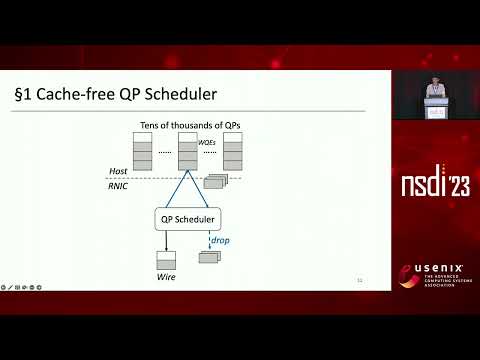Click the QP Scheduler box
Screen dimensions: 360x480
point(188,219)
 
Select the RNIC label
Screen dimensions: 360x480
point(120,185)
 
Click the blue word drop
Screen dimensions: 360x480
point(220,240)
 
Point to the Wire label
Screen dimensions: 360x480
point(166,276)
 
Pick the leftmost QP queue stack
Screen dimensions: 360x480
point(142,150)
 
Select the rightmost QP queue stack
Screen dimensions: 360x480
point(234,150)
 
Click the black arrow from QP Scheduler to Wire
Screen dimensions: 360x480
point(166,241)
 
